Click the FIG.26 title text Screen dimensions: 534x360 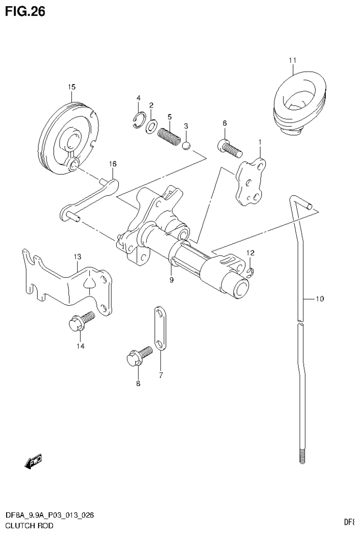(x=25, y=12)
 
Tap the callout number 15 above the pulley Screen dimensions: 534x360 (x=71, y=87)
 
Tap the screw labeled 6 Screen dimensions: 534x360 (x=229, y=147)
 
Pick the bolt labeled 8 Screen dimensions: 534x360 (x=138, y=357)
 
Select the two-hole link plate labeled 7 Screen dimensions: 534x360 (x=159, y=328)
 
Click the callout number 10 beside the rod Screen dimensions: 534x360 (x=319, y=299)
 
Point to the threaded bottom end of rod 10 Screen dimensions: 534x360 (x=301, y=457)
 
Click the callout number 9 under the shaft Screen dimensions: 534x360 (x=172, y=280)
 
